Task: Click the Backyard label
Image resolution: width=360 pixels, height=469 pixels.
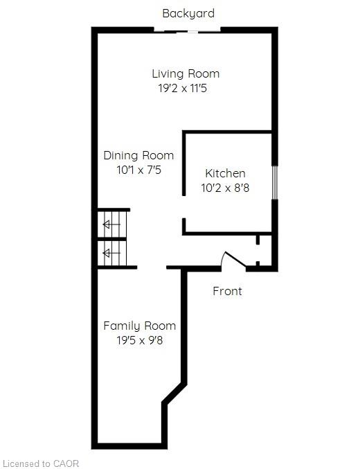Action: coord(188,14)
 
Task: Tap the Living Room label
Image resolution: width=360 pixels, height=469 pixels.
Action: coord(186,73)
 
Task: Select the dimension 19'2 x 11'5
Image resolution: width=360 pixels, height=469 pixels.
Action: coord(183,88)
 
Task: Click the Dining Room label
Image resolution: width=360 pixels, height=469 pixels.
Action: coord(138,156)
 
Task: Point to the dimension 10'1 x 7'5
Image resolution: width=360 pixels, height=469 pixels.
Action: coord(138,170)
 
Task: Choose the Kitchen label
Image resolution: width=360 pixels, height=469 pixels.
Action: coord(225,173)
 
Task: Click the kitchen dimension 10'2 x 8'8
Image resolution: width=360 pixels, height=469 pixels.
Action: coord(225,188)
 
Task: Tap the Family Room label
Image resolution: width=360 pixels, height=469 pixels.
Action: coord(140,326)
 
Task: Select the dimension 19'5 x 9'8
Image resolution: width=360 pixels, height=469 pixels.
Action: coord(140,340)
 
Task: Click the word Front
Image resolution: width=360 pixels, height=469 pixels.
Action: coord(227,291)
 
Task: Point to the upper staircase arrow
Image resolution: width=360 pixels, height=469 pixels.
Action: coord(111,224)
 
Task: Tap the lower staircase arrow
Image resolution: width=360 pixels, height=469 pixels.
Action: coord(111,254)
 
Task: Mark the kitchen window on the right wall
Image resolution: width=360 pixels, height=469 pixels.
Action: coord(275,182)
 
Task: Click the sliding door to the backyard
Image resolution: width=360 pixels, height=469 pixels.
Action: coord(187,31)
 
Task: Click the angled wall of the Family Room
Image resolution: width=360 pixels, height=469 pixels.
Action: coord(174,393)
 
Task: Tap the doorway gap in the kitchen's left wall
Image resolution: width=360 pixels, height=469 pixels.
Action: coord(184,207)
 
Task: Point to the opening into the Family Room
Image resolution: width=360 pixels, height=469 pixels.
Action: coord(152,267)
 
